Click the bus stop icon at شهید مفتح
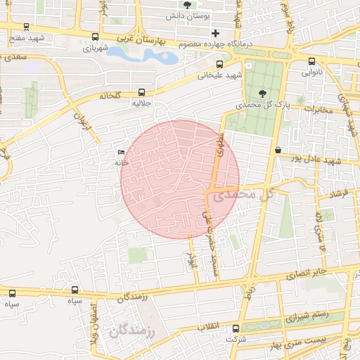click(x=26, y=27)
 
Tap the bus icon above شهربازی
click(x=95, y=37)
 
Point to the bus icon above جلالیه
click(x=143, y=92)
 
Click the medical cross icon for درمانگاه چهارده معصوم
click(x=215, y=33)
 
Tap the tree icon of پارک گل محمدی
click(x=263, y=93)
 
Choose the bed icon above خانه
click(x=122, y=152)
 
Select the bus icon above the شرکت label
click(x=236, y=328)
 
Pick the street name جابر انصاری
click(x=311, y=271)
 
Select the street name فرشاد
click(x=344, y=193)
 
